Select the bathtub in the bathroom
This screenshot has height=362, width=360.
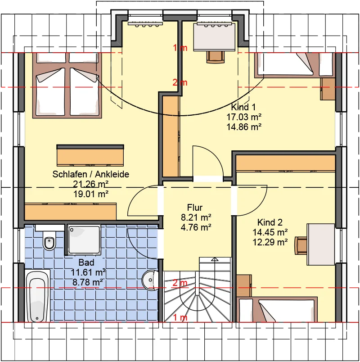coord(37,296)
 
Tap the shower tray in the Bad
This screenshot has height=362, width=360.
coord(84,240)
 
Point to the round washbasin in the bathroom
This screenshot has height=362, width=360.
coord(150,280)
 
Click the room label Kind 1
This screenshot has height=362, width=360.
coord(243,107)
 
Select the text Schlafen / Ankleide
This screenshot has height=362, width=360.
coord(91,174)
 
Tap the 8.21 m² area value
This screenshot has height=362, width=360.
coord(196,217)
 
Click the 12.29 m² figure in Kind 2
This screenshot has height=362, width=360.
coord(270,242)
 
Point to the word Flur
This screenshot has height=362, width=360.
coord(195,207)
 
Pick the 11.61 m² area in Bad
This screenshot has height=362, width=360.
coord(88,272)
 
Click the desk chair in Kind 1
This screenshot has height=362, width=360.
coord(216,57)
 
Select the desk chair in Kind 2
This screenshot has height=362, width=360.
coord(301,246)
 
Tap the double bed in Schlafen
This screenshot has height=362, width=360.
coord(67,86)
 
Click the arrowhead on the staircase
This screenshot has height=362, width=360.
coord(215,259)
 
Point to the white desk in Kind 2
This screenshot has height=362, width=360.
coord(321,244)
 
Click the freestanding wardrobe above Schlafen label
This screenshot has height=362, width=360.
coord(90,155)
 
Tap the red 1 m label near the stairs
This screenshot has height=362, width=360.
coord(180,318)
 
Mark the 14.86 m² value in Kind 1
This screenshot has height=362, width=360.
coord(244,127)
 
